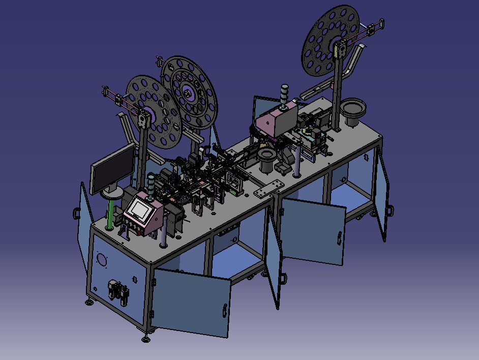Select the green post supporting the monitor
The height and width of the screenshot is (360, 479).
point(110,214)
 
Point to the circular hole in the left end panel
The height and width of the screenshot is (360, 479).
point(102,259)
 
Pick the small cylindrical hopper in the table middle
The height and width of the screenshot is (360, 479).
point(265,161)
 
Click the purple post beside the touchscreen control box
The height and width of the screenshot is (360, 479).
point(163,234)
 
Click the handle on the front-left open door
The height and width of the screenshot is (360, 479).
point(224,310)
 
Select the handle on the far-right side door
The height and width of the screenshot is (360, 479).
point(390,209)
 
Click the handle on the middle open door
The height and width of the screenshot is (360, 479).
point(340,237)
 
